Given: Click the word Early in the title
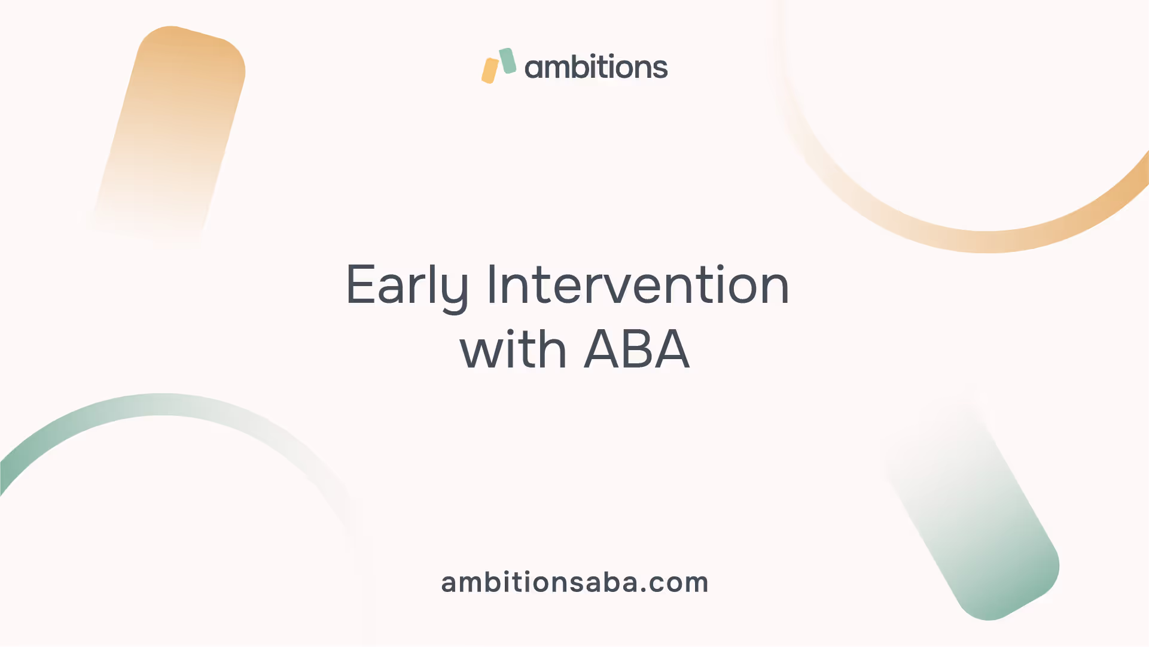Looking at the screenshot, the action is click(407, 287).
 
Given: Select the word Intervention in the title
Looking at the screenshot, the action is click(638, 284).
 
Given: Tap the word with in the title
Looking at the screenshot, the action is click(513, 348).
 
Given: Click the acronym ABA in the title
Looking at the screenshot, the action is click(636, 349).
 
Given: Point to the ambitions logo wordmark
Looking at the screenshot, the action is click(596, 66).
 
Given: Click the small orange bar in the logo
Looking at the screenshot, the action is click(490, 71).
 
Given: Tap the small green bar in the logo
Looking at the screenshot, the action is click(508, 61).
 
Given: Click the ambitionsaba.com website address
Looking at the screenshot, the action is click(575, 582).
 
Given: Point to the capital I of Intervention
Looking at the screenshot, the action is click(492, 284).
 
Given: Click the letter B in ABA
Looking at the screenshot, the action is click(636, 349).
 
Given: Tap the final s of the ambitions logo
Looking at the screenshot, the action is click(660, 68).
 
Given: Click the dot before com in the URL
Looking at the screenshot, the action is click(643, 590).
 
